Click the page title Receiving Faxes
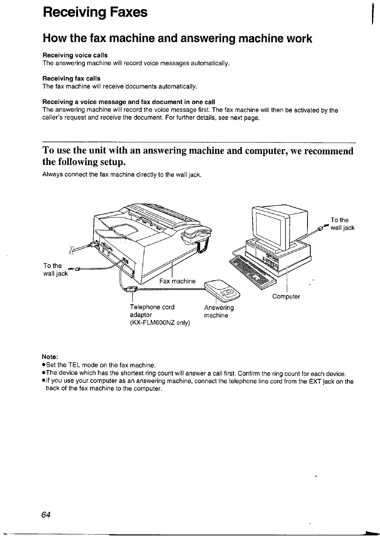95,12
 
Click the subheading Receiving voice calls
75,55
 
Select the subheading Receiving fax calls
71,79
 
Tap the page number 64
46,514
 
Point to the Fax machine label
177,281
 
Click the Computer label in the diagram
286,296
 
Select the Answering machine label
219,311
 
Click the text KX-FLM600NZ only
160,323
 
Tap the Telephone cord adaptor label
152,311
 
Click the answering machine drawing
222,290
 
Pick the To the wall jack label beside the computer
342,224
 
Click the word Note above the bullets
50,356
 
